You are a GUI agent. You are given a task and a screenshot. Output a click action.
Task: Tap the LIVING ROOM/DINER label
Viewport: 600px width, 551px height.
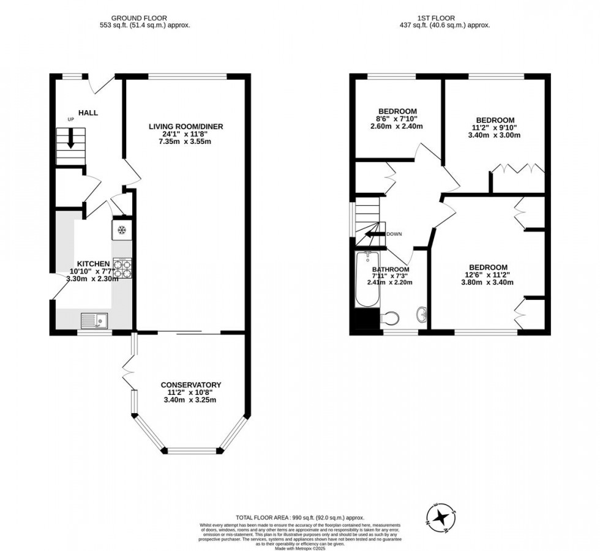pyautogui.click(x=186, y=127)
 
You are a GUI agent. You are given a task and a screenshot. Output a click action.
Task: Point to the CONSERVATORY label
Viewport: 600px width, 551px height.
pyautogui.click(x=190, y=384)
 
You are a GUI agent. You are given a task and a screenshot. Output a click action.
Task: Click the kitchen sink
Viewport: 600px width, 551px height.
pyautogui.click(x=94, y=319)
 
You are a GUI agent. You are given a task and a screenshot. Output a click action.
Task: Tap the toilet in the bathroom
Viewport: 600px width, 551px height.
pyautogui.click(x=389, y=318)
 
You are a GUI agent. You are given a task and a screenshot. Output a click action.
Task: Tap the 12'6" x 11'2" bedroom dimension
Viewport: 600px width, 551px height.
pyautogui.click(x=488, y=275)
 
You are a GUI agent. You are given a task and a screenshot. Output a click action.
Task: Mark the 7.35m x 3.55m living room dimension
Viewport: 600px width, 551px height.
pyautogui.click(x=186, y=142)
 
